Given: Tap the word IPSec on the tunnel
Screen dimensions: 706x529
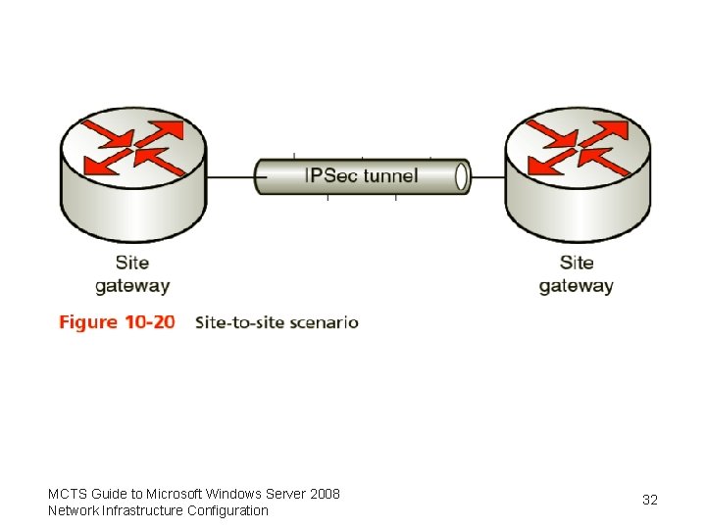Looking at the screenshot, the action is point(331,176).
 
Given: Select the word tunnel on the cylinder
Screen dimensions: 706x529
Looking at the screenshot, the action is point(390,176).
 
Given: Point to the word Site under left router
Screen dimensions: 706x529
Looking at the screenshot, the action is point(132,263).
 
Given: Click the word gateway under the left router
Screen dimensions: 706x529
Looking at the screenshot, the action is point(132,287).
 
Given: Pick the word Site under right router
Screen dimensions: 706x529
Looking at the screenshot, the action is point(577,263).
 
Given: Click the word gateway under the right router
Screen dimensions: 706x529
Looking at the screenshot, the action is point(577,287).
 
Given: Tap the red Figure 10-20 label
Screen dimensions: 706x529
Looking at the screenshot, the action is point(117,322).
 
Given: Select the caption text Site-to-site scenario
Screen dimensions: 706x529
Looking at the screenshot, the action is point(277,322).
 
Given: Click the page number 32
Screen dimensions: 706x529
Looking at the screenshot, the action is point(650,501).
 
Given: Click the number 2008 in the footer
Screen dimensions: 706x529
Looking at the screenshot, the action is point(324,494).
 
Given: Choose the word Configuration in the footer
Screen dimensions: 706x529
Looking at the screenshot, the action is point(227,510).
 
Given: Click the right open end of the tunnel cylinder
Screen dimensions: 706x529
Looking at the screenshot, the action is point(462,177).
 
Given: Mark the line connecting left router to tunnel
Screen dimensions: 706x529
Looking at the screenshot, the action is point(230,177).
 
